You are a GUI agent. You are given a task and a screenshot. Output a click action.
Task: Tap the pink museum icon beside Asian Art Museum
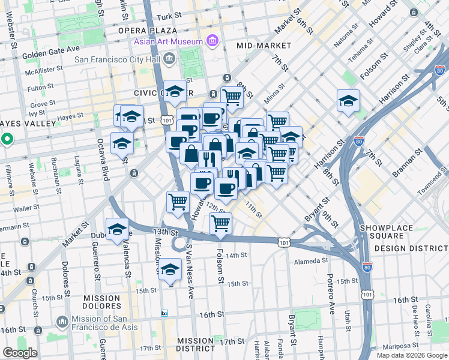click(x=212, y=41)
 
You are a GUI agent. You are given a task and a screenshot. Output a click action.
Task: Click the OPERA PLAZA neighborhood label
click(x=147, y=30)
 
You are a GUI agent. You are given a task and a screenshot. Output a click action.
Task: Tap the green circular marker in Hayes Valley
click(x=7, y=140)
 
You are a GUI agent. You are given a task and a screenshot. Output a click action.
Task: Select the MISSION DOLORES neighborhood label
click(x=93, y=302)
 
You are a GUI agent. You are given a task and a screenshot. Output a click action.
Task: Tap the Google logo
click(x=20, y=353)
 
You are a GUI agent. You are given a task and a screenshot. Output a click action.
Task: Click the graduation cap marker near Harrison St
click(x=348, y=101)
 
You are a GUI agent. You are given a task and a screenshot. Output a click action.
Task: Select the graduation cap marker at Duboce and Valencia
click(x=117, y=229)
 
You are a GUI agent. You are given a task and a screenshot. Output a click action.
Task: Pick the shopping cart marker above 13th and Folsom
click(x=220, y=223)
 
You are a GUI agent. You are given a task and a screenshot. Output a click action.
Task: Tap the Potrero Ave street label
click(x=330, y=295)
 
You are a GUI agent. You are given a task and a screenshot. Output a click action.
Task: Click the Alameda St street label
click(x=312, y=261)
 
